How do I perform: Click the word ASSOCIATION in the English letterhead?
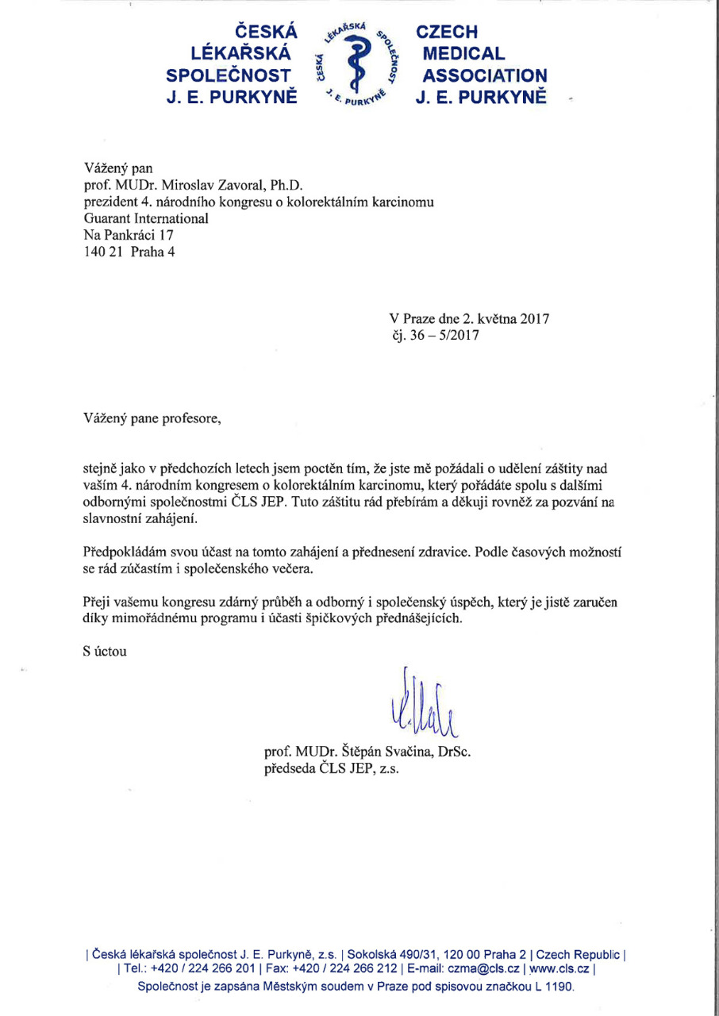[485, 76]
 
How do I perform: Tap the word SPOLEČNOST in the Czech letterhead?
[232, 76]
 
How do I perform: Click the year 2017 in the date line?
[533, 319]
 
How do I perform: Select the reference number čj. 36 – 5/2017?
[429, 335]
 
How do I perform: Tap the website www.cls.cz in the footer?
[561, 968]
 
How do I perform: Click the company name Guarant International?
[145, 218]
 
